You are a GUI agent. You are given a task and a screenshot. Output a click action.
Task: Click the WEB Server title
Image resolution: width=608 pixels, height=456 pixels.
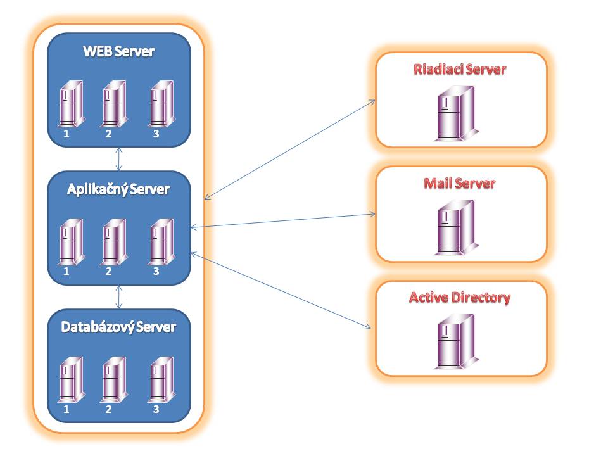[118, 51]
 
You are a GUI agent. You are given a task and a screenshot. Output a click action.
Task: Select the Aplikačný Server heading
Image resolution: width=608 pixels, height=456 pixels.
[118, 189]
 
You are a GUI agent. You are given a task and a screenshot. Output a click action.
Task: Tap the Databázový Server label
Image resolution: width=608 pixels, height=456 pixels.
[118, 327]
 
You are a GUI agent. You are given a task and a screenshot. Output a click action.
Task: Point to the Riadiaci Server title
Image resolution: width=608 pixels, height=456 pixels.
[460, 70]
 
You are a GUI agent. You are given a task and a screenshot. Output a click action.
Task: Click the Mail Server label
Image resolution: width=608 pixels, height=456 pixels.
[460, 184]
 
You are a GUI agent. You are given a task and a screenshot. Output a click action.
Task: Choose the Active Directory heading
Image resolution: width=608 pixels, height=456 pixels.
[460, 298]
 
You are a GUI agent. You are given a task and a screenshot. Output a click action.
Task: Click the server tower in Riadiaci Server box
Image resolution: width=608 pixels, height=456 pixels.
[456, 113]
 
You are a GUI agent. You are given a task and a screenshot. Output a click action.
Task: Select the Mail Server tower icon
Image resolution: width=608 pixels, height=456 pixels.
[456, 227]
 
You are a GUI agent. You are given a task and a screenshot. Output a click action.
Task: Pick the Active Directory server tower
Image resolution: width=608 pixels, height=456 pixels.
[456, 341]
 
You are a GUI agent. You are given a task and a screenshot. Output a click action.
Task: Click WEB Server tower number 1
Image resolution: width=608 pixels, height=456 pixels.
[72, 104]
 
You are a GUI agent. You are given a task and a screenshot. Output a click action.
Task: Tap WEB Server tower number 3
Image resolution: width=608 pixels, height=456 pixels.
[161, 104]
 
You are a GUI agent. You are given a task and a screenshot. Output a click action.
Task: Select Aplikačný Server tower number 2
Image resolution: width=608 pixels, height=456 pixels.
[115, 242]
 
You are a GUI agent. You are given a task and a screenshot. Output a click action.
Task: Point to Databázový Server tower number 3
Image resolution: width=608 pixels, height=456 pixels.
[161, 379]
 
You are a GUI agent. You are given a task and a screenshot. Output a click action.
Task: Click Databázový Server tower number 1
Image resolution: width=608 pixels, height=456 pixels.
[72, 379]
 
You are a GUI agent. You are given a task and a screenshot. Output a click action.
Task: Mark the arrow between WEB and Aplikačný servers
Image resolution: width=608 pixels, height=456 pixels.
[119, 159]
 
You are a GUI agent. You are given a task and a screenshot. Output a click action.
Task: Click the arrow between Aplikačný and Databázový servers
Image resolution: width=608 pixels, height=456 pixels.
[119, 297]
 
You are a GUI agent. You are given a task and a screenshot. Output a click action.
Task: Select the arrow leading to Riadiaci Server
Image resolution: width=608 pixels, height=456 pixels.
[290, 149]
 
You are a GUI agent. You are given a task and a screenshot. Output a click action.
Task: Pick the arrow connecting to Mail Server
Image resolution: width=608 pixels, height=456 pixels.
[284, 220]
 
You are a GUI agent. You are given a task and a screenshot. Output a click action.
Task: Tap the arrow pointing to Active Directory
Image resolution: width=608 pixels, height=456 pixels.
[281, 291]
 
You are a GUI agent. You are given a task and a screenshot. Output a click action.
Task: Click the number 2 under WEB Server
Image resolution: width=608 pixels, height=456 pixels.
[108, 134]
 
